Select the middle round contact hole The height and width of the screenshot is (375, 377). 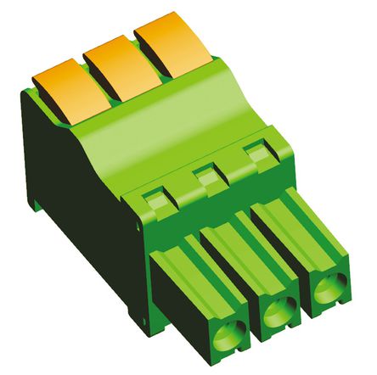(x=276, y=314)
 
